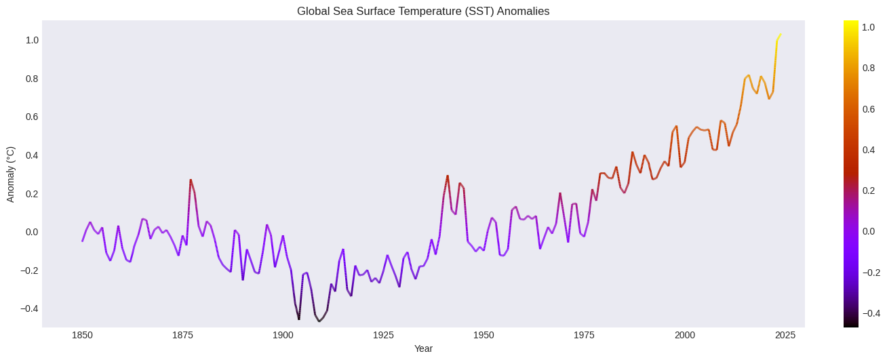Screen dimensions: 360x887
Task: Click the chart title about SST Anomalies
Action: pos(423,11)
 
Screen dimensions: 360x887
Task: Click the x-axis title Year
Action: pos(423,348)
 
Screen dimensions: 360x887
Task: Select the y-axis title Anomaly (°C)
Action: pos(10,174)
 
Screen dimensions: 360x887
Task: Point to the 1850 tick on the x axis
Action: pos(83,335)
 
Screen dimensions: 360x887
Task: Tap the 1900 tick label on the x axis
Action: pos(283,335)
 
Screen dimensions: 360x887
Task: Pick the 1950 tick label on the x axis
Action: pos(484,335)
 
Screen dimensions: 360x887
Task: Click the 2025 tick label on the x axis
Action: pos(785,335)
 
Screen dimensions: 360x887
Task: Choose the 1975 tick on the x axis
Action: pos(584,335)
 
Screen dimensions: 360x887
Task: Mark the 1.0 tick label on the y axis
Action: pos(32,40)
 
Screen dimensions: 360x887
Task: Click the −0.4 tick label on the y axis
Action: pos(29,308)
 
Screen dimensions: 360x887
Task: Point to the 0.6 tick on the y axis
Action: pos(32,117)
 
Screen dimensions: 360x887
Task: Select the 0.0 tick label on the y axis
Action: pos(32,232)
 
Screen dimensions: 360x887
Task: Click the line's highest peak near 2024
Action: pos(781,35)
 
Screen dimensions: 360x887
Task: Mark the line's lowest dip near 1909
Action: pos(319,321)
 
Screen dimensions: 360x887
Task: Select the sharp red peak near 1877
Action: pos(191,180)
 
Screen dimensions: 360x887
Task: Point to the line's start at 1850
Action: pos(83,241)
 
